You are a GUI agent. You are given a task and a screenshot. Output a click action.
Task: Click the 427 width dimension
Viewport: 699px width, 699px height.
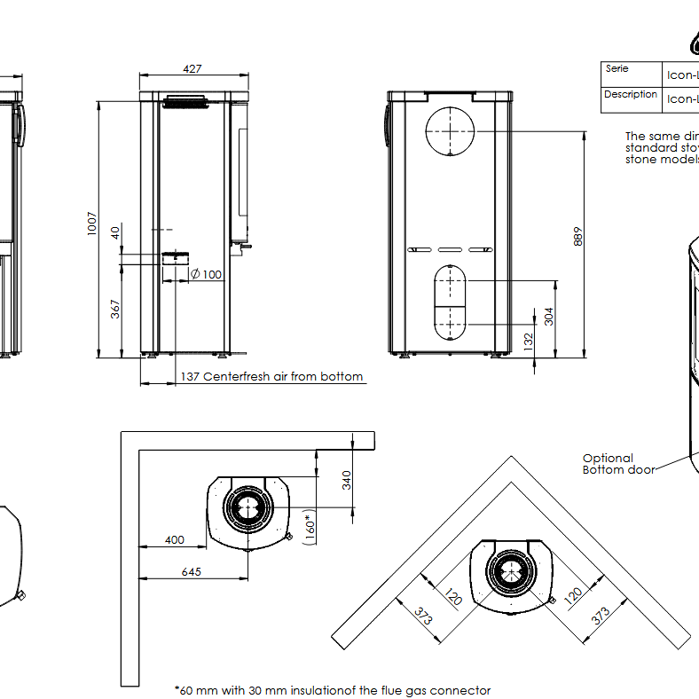192,68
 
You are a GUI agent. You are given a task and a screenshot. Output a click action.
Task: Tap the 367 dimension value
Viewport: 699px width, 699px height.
116,310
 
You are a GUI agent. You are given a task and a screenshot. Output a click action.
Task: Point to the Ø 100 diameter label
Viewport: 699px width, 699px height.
206,274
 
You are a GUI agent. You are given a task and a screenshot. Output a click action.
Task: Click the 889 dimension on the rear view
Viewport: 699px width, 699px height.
579,237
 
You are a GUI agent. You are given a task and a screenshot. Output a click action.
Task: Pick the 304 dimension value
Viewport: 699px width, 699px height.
549,316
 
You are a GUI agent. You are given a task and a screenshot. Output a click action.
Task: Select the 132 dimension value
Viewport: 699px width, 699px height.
529,340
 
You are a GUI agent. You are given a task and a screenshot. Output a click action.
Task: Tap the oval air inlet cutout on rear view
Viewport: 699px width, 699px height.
454,302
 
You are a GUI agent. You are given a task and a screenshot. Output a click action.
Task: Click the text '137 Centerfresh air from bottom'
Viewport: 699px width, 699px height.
272,377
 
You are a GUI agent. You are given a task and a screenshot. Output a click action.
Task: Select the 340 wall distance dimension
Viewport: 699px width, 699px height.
347,480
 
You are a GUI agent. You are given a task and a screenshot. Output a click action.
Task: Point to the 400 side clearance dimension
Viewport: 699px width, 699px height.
175,539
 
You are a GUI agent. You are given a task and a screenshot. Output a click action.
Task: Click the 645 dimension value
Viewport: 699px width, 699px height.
191,572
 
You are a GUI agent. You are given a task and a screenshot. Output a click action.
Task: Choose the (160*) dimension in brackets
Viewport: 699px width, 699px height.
310,527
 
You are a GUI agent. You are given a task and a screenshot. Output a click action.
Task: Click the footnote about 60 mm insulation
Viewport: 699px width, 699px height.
333,690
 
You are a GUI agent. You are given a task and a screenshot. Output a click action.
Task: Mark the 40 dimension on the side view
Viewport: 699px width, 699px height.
114,232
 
